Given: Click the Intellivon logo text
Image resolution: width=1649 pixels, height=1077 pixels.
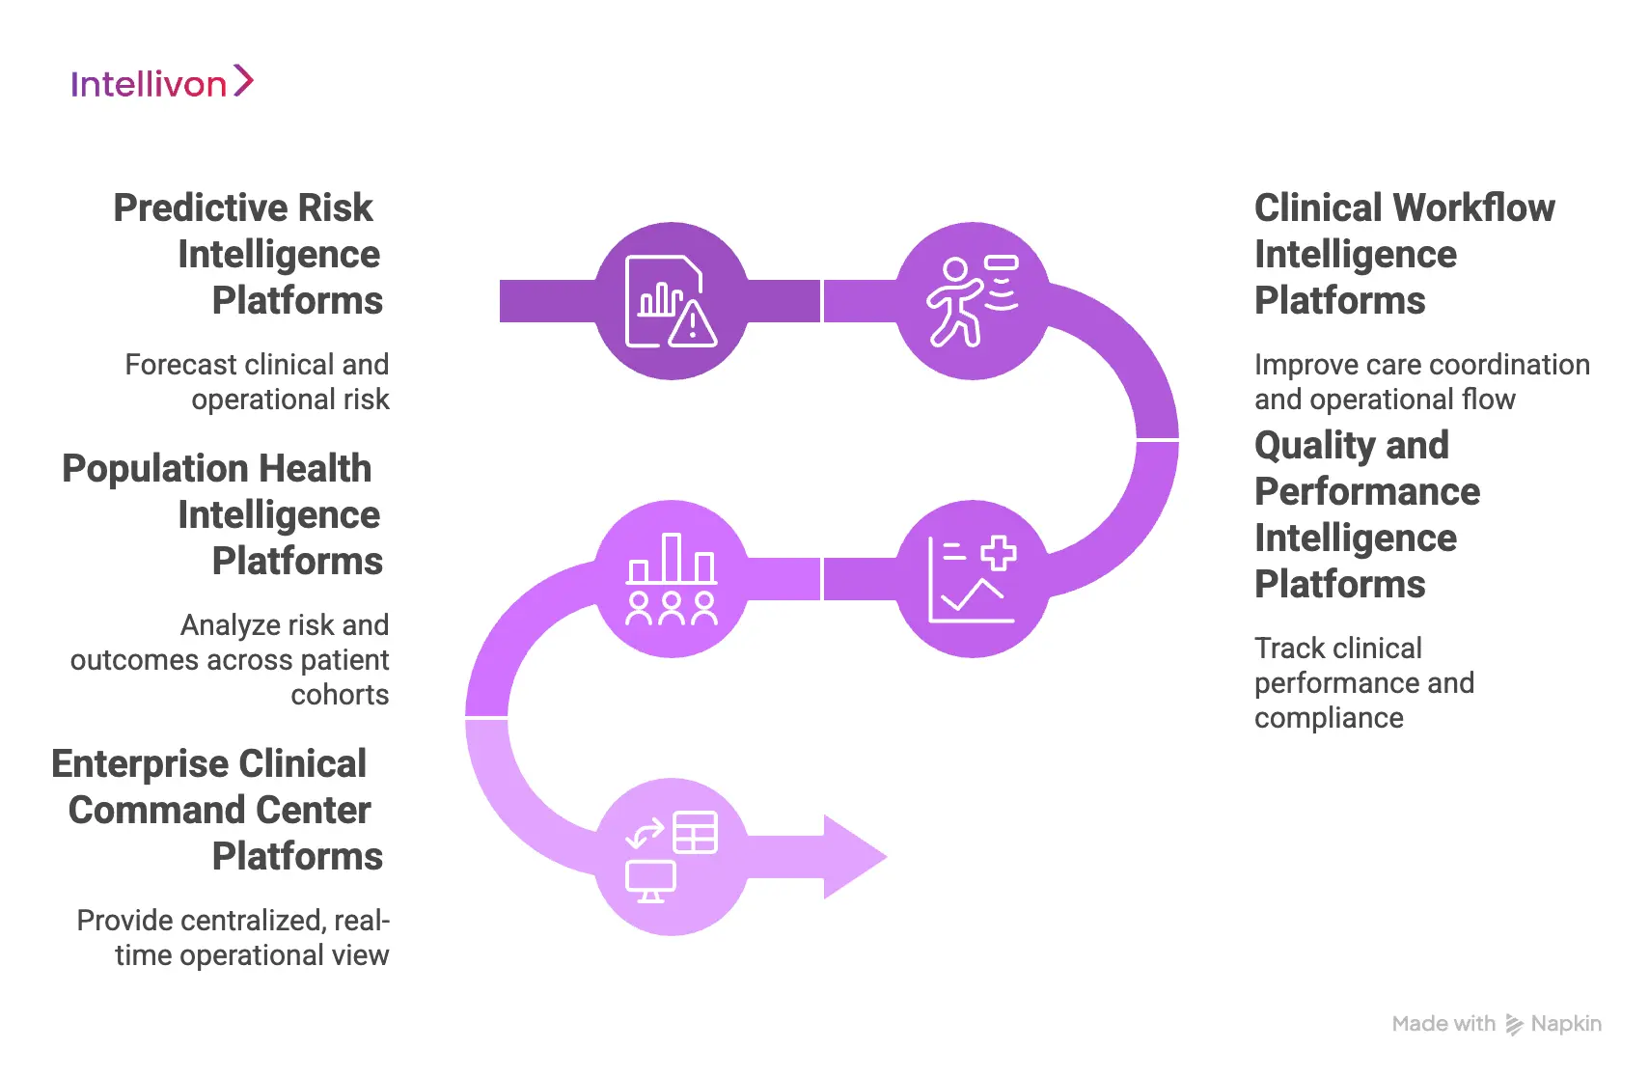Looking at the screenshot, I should [148, 85].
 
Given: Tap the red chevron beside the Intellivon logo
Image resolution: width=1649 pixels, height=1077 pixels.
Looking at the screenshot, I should [243, 81].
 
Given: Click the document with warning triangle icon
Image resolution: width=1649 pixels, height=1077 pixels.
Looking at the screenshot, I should [671, 301].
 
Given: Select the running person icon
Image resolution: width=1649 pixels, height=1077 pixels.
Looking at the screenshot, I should [972, 301].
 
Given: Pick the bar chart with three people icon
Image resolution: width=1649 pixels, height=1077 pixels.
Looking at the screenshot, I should [671, 579].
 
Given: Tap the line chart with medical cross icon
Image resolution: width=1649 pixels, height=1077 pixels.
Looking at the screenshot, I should [972, 579].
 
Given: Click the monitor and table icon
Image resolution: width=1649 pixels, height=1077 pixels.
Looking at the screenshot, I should [671, 857].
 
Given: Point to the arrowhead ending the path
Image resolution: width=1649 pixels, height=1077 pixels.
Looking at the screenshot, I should [853, 857].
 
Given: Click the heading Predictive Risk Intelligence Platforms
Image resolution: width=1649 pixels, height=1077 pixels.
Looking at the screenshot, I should [248, 254].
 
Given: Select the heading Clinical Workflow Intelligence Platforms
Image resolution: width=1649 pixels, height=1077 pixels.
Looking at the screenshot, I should [1403, 254].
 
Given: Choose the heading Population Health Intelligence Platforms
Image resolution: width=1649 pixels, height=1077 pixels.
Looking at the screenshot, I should [223, 514].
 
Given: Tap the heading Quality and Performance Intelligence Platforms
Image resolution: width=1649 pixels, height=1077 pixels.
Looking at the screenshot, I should [1366, 514].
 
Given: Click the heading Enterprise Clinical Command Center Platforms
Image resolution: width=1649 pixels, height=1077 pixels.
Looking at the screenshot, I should [218, 810].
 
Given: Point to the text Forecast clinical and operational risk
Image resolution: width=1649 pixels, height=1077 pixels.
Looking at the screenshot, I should [258, 382].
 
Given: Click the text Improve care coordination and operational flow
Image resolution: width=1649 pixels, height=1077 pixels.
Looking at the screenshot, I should [1420, 382].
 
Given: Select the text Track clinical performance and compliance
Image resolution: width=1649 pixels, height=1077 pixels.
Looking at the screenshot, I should [1362, 682].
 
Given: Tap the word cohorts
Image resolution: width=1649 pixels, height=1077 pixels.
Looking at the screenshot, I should [340, 695].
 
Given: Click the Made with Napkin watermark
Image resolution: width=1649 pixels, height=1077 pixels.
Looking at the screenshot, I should [1496, 1024].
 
